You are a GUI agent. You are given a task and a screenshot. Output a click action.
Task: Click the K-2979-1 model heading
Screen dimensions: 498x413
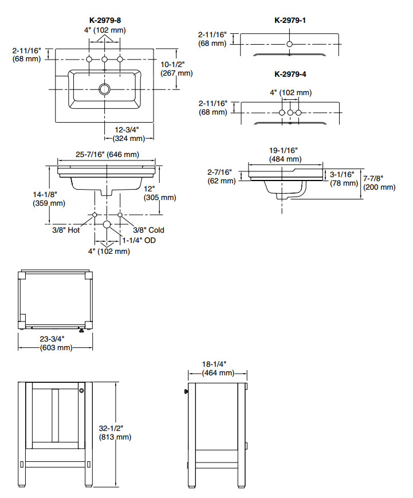(x=290, y=21)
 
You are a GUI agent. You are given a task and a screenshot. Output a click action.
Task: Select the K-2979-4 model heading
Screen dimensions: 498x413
(x=290, y=74)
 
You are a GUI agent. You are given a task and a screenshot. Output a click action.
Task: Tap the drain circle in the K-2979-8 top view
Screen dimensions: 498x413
(x=104, y=89)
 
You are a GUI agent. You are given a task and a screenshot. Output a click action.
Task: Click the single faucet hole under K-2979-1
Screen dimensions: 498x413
(x=290, y=44)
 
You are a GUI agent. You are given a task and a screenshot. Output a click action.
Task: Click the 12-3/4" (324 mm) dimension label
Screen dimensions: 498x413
(x=129, y=133)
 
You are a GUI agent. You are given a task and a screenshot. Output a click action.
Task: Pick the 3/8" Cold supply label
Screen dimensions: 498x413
(x=148, y=230)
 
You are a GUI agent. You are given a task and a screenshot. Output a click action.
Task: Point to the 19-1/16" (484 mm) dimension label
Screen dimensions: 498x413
(x=285, y=154)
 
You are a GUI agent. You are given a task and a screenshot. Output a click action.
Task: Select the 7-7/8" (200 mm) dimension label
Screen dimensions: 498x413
(x=379, y=182)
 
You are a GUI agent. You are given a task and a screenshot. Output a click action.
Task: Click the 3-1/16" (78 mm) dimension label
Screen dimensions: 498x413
(x=342, y=178)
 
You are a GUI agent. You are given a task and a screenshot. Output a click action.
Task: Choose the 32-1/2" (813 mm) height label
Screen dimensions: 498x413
(x=115, y=432)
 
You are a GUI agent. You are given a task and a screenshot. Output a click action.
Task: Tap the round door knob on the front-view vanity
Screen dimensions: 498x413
(x=82, y=391)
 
